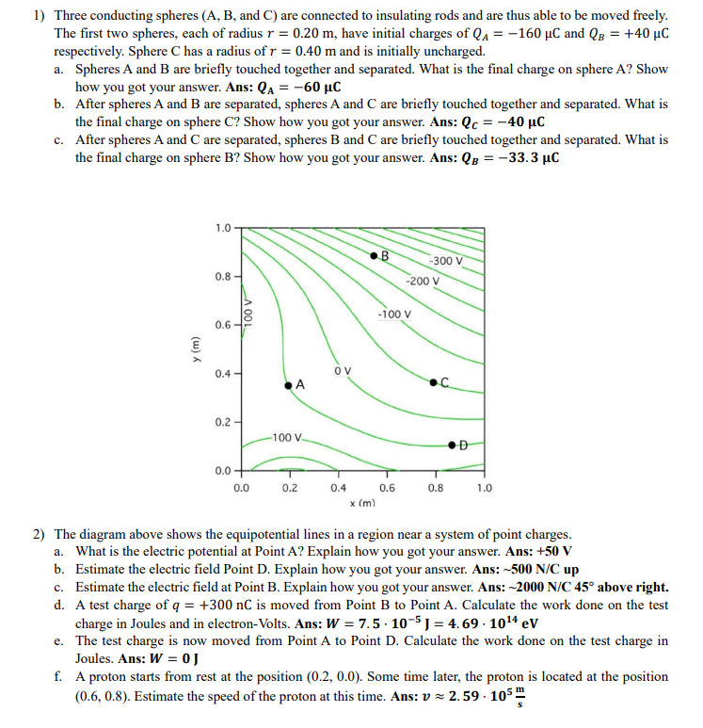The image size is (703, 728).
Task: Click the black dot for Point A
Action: click(287, 381)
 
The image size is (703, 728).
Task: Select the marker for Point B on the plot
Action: click(374, 254)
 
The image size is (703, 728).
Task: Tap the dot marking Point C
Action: click(432, 381)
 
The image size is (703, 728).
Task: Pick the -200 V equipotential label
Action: click(423, 281)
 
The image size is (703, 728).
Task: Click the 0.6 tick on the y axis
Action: click(222, 325)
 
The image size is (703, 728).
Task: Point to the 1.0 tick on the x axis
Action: click(484, 488)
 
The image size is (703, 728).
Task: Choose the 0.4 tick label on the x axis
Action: click(338, 488)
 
